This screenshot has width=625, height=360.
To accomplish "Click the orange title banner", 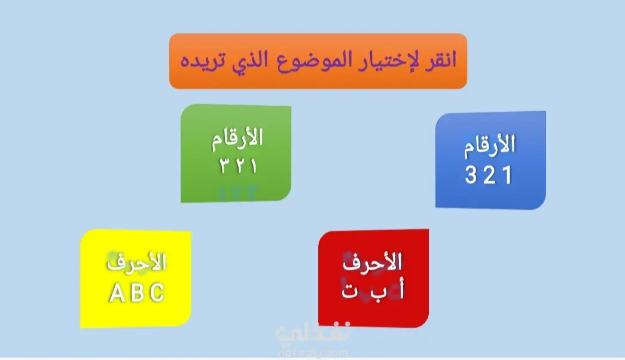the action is tap(318, 61).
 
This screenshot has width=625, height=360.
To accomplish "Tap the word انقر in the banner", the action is tap(440, 60).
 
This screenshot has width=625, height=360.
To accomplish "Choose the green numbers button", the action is tap(236, 154).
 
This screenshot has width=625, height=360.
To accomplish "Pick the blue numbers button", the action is tap(490, 160).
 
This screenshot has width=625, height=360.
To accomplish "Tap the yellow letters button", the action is tap(136, 279).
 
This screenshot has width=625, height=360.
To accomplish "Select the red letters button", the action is tap(373, 278).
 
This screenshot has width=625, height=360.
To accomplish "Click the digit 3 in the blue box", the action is tap(471, 175).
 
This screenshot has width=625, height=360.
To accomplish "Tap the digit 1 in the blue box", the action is tap(507, 175).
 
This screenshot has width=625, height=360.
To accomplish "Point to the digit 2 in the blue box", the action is tap(489, 175).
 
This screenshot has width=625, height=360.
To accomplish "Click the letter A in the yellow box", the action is tap(117, 293).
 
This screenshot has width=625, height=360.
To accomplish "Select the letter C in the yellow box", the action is tap(157, 293).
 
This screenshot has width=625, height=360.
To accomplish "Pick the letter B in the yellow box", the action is tap(137, 293).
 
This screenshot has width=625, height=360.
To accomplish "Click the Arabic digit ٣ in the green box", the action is tap(224, 165).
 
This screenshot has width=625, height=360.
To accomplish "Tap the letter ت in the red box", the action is tap(349, 291).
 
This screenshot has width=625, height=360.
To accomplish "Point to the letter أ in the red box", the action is tap(401, 288).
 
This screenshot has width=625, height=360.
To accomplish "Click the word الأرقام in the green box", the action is tap(237, 139).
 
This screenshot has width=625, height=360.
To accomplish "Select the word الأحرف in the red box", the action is tap(372, 263).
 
